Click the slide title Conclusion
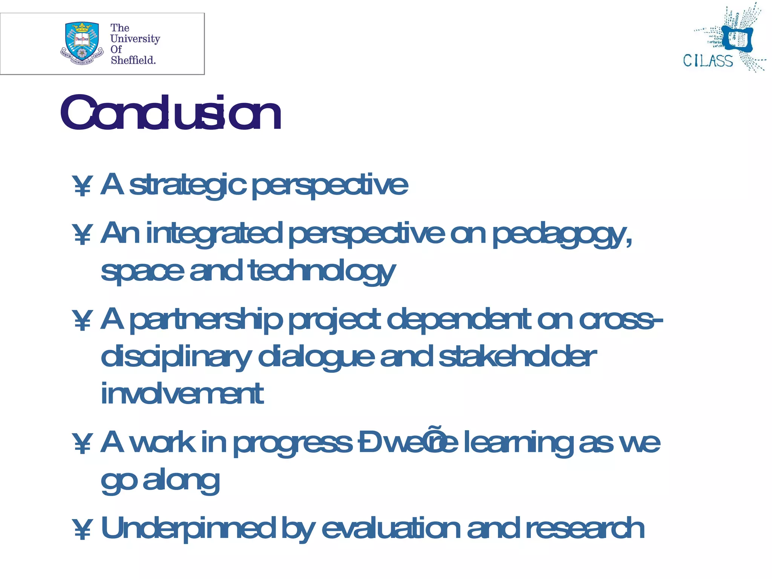click(x=170, y=113)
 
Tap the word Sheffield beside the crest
click(x=133, y=60)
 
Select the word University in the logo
click(x=135, y=39)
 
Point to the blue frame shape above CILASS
click(x=738, y=39)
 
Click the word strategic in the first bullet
click(x=188, y=185)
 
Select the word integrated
click(x=214, y=234)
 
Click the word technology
click(x=322, y=271)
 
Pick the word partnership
click(x=206, y=320)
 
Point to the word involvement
click(x=182, y=394)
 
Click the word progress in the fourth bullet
click(x=293, y=443)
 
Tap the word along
click(x=181, y=480)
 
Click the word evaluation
click(x=391, y=528)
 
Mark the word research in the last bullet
click(x=585, y=528)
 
